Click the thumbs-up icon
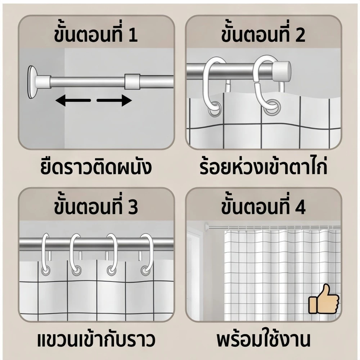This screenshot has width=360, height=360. point(324,299)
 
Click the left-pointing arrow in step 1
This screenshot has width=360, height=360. point(73,100)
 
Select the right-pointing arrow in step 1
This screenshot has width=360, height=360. point(114,100)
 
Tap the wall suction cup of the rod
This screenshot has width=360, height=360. point(32,82)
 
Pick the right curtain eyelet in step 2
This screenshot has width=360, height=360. point(271,107)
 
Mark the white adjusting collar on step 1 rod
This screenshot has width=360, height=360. point(132,81)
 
